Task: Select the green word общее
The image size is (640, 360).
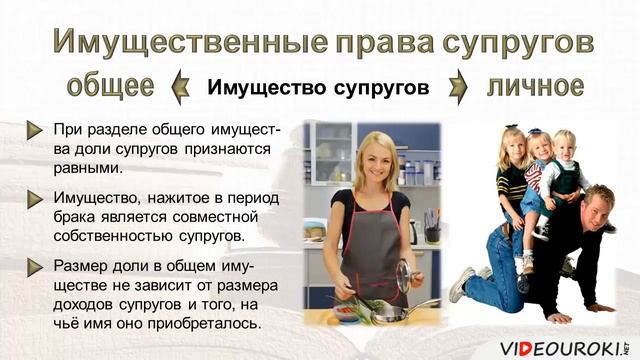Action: click(111, 87)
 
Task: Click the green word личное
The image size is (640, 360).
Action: click(535, 86)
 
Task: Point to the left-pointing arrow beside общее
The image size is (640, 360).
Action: click(180, 87)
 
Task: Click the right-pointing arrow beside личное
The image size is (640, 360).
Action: click(458, 87)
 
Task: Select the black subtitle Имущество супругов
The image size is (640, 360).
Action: click(318, 88)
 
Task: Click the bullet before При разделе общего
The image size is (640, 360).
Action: click(36, 130)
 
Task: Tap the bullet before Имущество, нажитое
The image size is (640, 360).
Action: click(36, 199)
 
